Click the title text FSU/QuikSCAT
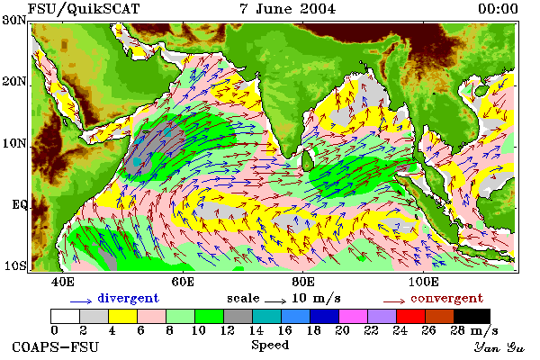pyautogui.click(x=84, y=9)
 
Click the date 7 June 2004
pyautogui.click(x=287, y=9)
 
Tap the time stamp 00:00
pyautogui.click(x=498, y=9)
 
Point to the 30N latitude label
pyautogui.click(x=13, y=20)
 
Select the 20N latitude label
pyautogui.click(x=13, y=82)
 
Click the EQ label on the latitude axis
pyautogui.click(x=19, y=204)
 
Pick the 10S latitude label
pyautogui.click(x=15, y=266)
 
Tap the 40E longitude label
pyautogui.click(x=62, y=282)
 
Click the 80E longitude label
pyautogui.click(x=303, y=282)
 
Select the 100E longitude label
pyautogui.click(x=424, y=282)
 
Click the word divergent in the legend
pyautogui.click(x=128, y=298)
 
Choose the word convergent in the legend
pyautogui.click(x=446, y=298)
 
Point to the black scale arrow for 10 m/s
pyautogui.click(x=275, y=301)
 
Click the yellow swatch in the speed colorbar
pyautogui.click(x=122, y=316)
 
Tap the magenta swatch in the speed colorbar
pyautogui.click(x=353, y=316)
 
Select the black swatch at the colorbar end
pyautogui.click(x=472, y=316)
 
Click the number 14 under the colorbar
pyautogui.click(x=256, y=330)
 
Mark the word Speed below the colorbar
pyautogui.click(x=270, y=345)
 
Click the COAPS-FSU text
pyautogui.click(x=56, y=346)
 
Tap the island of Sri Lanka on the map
pyautogui.click(x=307, y=161)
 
